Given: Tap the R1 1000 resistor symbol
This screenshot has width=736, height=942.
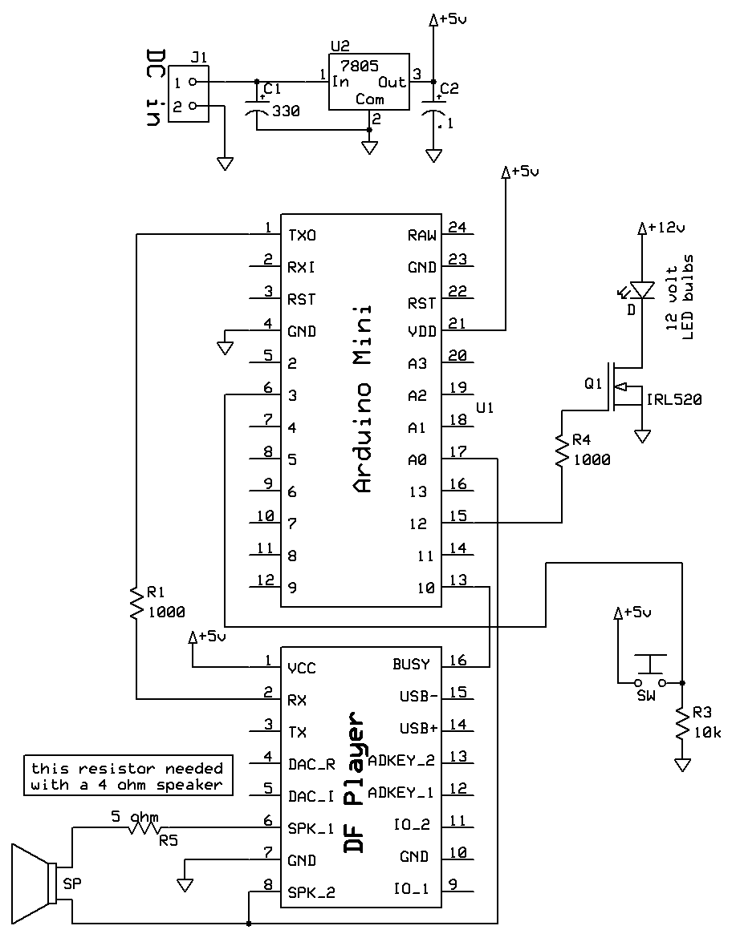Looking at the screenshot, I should [137, 602].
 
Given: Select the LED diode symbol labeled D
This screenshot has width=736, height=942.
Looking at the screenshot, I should [641, 288].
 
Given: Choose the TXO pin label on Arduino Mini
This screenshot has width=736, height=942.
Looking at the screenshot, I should [302, 236].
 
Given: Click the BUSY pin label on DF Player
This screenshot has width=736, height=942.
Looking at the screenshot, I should [411, 665].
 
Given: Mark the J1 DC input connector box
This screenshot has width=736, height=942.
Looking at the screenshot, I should [188, 94].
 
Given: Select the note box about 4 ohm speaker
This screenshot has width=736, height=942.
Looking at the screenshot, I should [128, 775].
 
